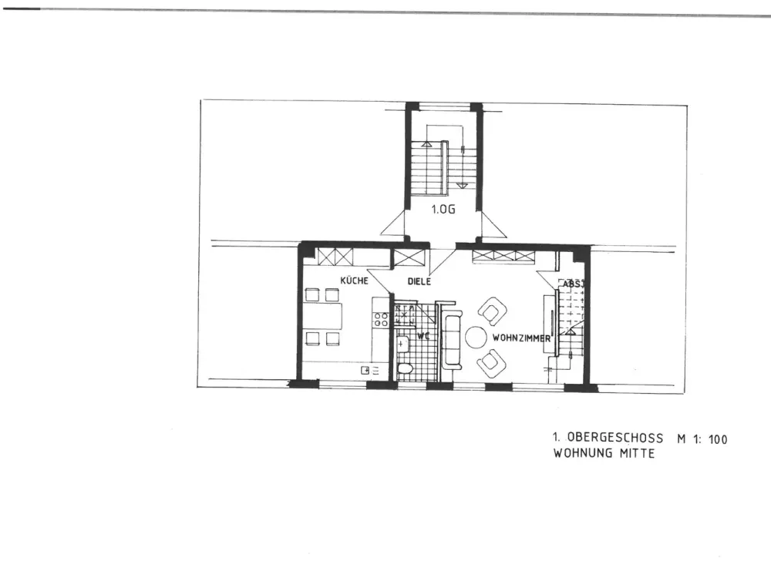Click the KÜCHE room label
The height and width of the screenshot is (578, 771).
(x=354, y=281)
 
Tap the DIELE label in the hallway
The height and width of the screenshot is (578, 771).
(x=419, y=281)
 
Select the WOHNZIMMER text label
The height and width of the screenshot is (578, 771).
(x=521, y=338)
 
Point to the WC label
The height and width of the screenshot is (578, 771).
(x=423, y=336)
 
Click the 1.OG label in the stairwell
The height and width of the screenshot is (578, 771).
(x=443, y=210)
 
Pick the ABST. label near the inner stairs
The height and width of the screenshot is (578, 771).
(x=573, y=284)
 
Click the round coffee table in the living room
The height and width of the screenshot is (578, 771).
(x=476, y=338)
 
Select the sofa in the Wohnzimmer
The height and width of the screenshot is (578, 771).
(x=452, y=340)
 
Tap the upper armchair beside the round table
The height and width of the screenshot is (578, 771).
(x=492, y=311)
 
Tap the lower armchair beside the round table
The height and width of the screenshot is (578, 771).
(x=492, y=364)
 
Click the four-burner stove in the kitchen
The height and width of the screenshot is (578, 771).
(x=381, y=320)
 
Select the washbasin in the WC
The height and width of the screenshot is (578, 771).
(x=403, y=344)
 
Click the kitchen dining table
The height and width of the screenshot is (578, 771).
(x=323, y=316)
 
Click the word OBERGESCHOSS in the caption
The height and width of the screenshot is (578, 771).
(x=614, y=438)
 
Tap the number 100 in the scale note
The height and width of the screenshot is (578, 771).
(x=717, y=439)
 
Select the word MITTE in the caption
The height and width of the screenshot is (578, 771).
(x=637, y=453)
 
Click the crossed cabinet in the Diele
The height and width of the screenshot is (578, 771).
(x=409, y=258)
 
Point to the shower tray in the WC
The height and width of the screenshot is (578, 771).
(x=405, y=315)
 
